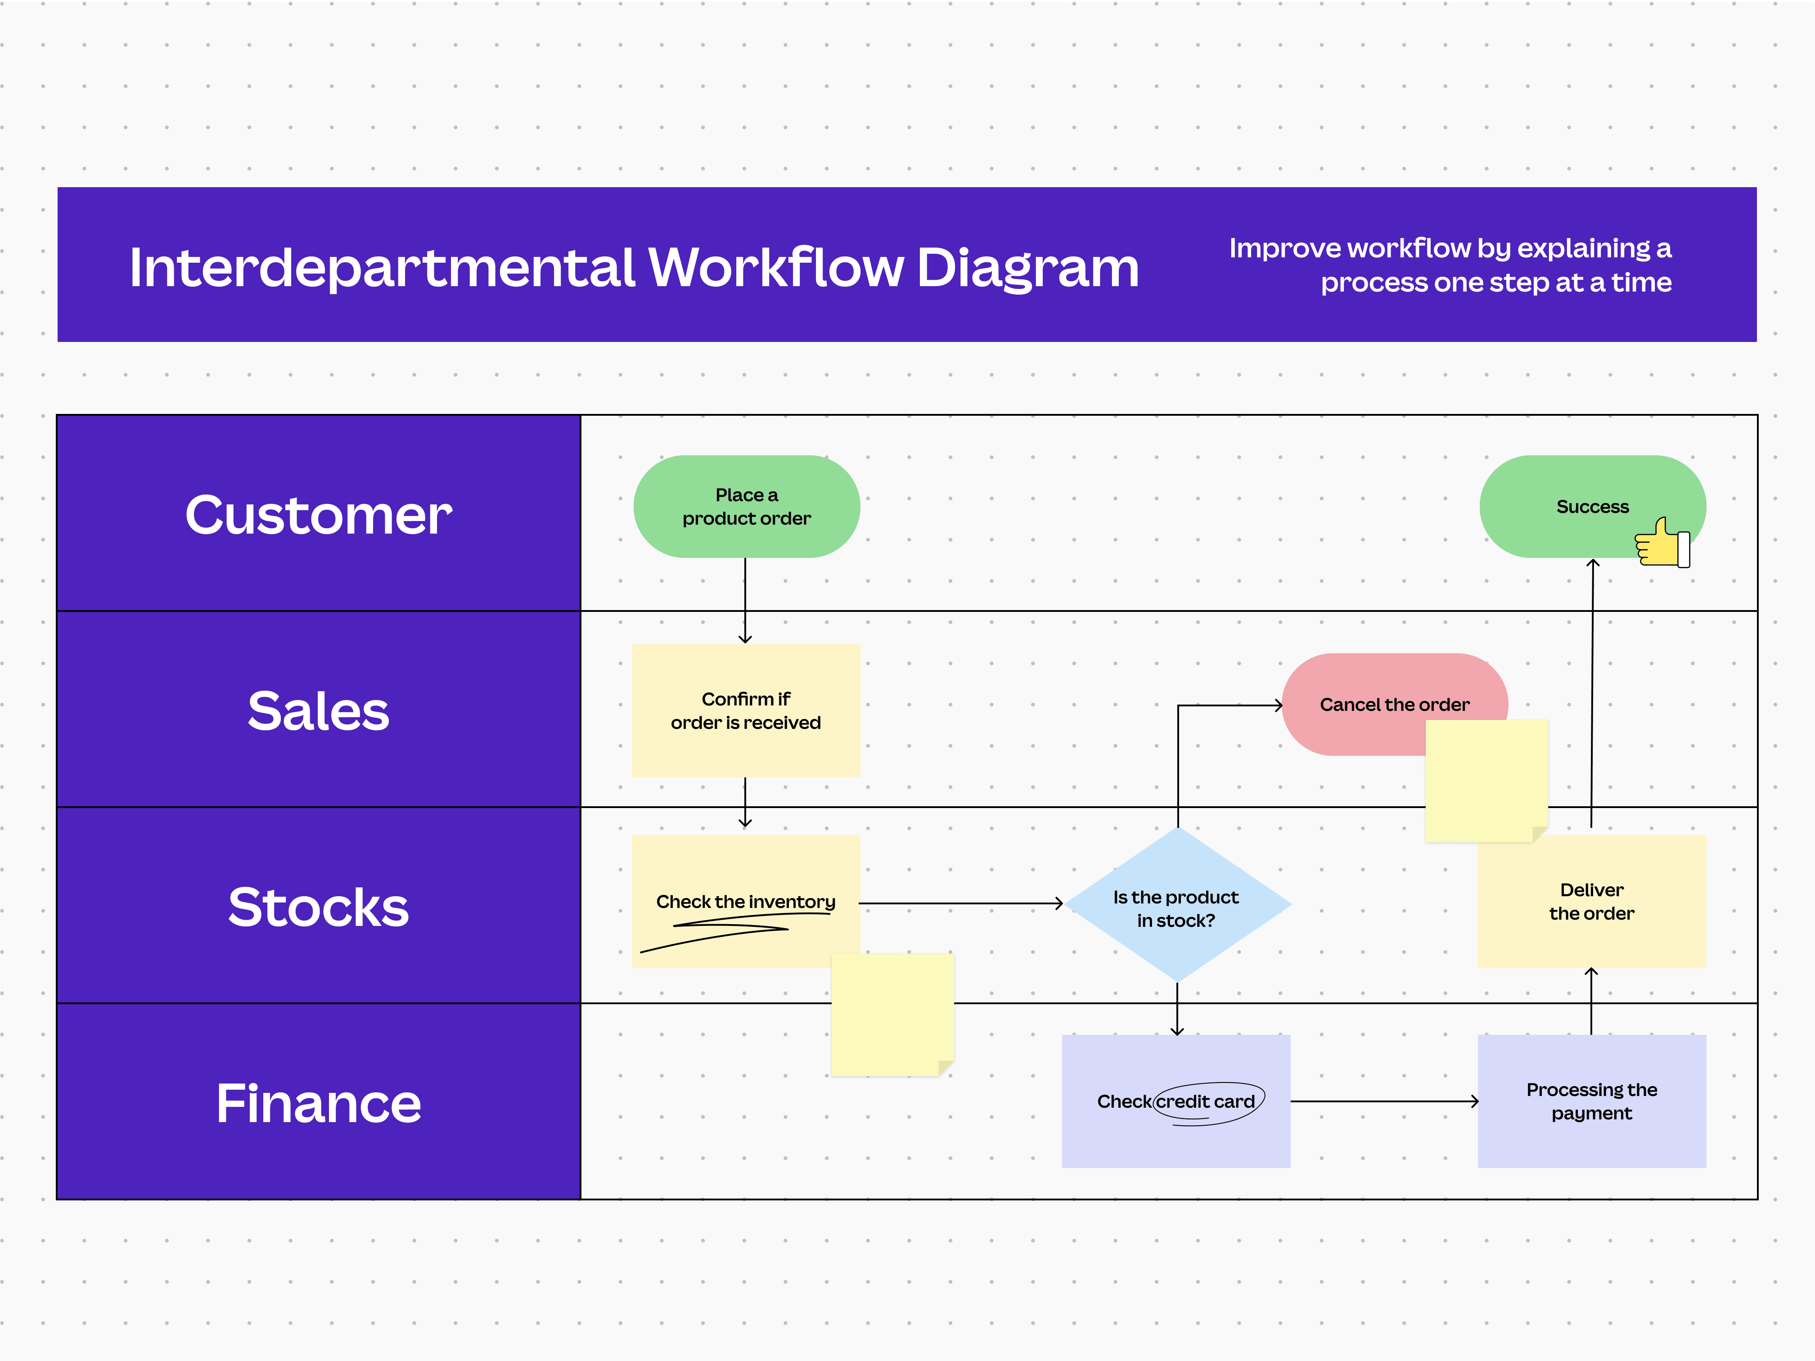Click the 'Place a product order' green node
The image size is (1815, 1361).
pos(746,506)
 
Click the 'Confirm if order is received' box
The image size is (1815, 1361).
pos(745,710)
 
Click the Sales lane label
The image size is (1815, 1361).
pos(318,710)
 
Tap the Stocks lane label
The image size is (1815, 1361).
pos(318,907)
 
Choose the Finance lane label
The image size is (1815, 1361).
pos(318,1103)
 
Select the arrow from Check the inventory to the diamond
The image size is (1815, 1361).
pos(960,903)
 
